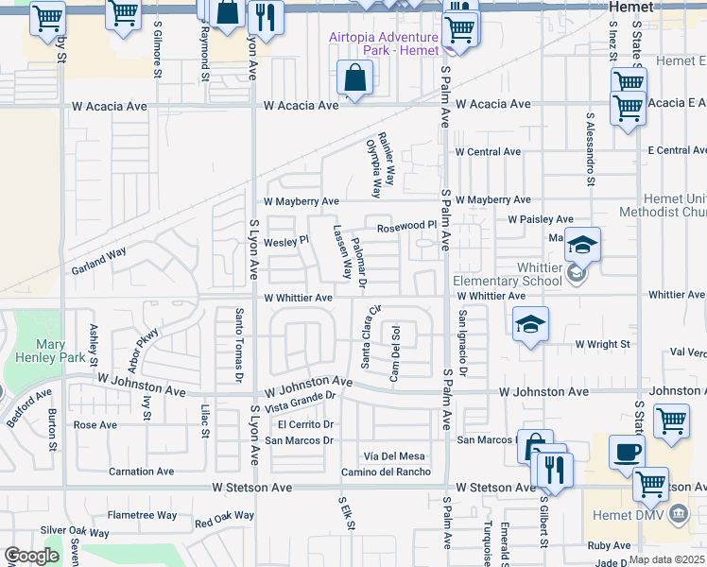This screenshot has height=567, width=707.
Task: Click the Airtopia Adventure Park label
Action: pos(384,43)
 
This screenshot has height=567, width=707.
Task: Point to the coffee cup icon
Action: pos(627,453)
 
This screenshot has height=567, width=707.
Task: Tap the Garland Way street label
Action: pos(98,262)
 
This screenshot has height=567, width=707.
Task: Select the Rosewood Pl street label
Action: pos(406,227)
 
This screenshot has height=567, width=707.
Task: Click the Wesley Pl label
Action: pos(285,241)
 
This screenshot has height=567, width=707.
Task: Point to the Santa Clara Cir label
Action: pos(366,337)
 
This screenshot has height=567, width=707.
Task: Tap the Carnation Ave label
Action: pos(141,471)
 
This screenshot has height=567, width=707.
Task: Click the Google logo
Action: pos(32,556)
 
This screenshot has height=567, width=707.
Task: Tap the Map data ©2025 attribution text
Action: pos(667,559)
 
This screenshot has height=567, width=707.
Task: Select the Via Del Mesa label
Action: pos(401,456)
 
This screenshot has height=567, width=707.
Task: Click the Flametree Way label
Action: pos(142,515)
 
